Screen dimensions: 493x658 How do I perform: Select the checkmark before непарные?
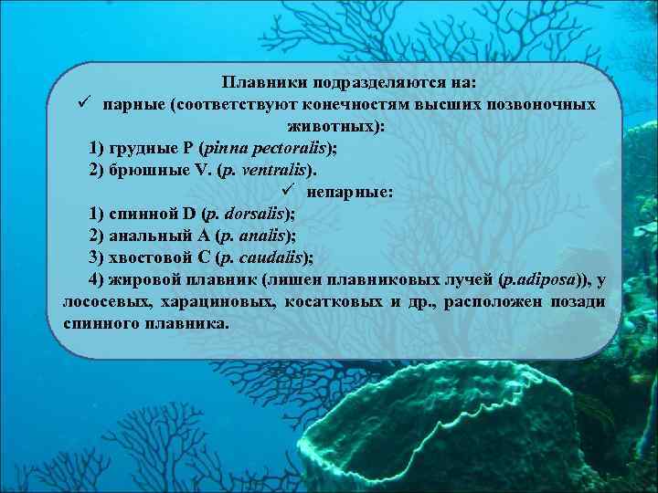pos(288,192)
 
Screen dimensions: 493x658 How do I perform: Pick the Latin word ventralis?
pos(273,171)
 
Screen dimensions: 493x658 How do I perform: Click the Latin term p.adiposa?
pos(539,280)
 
